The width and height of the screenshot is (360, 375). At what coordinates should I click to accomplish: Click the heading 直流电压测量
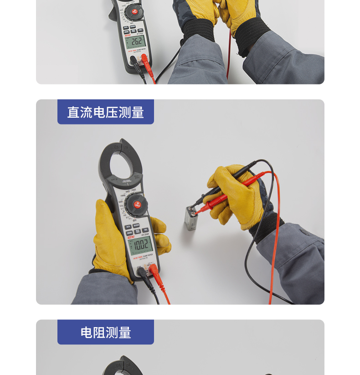pyautogui.click(x=105, y=112)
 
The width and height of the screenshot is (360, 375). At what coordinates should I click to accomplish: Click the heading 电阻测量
pyautogui.click(x=105, y=333)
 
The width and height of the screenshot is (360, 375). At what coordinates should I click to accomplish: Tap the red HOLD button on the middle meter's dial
pyautogui.click(x=137, y=205)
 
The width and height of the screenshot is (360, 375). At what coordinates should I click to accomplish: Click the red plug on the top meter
pyautogui.click(x=145, y=59)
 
